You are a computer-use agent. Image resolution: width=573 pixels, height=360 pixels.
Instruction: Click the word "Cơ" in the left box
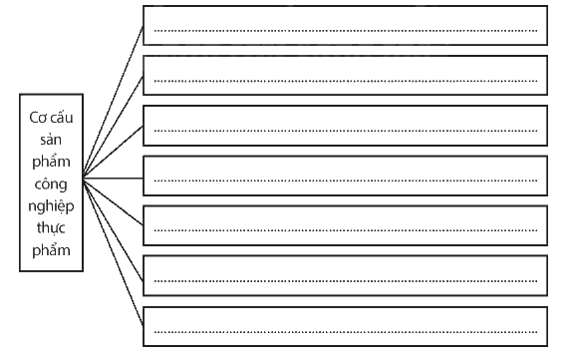pos(37,118)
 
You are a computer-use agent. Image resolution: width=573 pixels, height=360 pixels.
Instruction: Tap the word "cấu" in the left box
pos(62,118)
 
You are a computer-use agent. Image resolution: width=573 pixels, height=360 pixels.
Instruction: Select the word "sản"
pos(51,140)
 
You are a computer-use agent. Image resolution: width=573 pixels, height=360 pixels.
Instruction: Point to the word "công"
pos(51,184)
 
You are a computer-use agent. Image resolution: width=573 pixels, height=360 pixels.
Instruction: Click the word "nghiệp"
pos(51,206)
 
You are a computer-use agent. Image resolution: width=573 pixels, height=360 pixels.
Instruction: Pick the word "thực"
pos(51,228)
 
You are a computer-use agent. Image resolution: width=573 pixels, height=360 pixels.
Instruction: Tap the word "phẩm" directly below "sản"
pos(51,163)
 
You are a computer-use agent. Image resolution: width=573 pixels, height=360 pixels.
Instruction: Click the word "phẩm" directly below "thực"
pos(51,250)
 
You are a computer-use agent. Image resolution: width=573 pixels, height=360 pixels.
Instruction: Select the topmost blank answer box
pos(345,25)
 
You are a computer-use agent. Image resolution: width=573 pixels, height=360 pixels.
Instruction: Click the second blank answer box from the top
pos(345,76)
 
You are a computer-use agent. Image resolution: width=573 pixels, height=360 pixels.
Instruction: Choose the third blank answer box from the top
pos(345,126)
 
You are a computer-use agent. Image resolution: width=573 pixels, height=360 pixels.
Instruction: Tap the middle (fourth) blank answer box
pos(345,176)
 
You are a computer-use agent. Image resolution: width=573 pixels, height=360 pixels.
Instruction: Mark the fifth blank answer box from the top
pos(345,225)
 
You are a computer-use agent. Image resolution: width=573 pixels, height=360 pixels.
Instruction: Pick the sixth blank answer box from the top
pos(345,275)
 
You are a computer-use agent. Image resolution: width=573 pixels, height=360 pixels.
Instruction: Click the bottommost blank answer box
pos(345,326)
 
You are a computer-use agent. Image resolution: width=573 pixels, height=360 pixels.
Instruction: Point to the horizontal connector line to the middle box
pos(113,179)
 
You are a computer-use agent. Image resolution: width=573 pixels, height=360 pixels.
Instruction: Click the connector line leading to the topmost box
pos(113,102)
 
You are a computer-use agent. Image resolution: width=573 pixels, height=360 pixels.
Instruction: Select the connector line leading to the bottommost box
pos(113,251)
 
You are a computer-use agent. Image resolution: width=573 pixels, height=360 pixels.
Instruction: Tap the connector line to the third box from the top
pos(113,153)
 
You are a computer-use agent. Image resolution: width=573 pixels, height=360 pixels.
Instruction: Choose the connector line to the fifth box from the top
pos(113,201)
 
